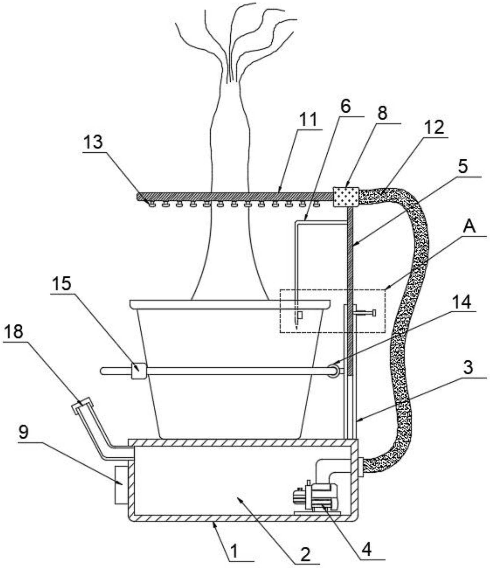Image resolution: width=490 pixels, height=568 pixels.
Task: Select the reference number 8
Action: tap(383, 113)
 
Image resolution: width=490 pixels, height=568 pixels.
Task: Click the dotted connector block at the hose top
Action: tap(345, 196)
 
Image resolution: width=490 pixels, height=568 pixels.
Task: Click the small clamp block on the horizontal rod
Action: tap(138, 370)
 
